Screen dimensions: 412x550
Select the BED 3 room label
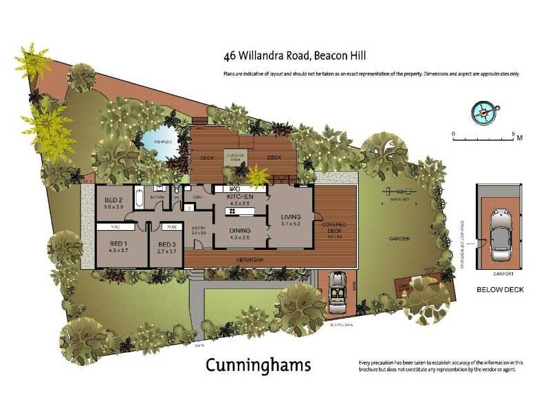point(167,244)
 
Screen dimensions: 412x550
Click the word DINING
point(240,231)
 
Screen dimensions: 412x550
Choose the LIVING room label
point(291,217)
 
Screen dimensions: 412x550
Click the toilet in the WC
point(177,190)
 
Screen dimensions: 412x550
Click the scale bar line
point(483,140)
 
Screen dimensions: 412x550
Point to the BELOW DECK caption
point(500,290)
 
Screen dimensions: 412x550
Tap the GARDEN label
point(399,238)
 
